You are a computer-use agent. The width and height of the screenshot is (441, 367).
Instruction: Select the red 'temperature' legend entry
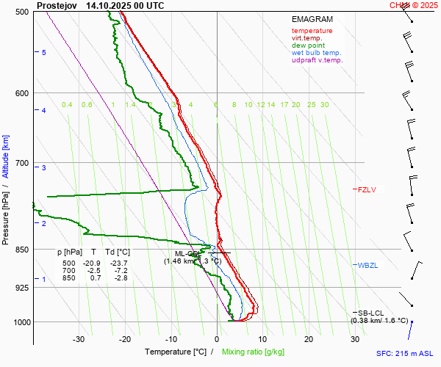click(x=312, y=31)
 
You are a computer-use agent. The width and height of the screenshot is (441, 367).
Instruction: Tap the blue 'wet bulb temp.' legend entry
click(x=316, y=53)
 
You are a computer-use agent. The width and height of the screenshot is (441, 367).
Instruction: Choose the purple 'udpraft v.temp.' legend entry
click(x=317, y=60)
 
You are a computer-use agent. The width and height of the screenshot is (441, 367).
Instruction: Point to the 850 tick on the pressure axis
click(x=22, y=250)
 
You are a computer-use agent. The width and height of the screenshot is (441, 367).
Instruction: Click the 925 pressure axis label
click(x=22, y=288)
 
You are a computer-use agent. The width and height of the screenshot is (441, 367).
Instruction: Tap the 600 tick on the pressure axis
click(x=22, y=93)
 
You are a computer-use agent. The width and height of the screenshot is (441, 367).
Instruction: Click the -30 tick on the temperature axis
click(x=79, y=339)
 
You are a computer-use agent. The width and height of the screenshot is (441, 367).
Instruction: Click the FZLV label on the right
click(x=367, y=189)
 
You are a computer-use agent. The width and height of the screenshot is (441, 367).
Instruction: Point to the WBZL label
click(x=367, y=265)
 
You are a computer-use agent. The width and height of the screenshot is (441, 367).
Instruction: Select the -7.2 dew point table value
click(x=121, y=270)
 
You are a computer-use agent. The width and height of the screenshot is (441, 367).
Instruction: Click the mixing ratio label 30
click(x=324, y=105)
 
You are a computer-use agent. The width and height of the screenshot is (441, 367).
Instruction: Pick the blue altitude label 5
click(x=44, y=53)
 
